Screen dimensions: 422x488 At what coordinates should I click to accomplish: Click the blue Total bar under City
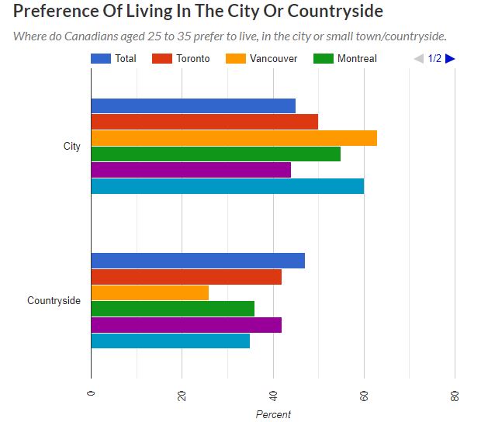click(x=193, y=106)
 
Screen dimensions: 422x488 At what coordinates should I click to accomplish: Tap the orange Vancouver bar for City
click(x=234, y=138)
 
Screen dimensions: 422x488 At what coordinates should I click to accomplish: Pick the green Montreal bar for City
click(x=216, y=154)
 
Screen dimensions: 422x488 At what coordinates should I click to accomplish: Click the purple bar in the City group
click(x=191, y=170)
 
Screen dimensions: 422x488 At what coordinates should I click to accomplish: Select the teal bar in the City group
click(x=227, y=185)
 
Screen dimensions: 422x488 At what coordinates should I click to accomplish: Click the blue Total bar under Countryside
click(x=198, y=261)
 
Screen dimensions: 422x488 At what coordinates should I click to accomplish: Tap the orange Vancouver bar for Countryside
click(x=150, y=292)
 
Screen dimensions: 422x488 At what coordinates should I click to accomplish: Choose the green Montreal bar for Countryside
click(x=172, y=309)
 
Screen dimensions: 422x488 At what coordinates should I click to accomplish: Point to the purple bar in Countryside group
click(x=186, y=324)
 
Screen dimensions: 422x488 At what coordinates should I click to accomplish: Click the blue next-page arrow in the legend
click(x=450, y=58)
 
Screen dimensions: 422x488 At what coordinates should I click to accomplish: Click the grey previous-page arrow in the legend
click(x=419, y=58)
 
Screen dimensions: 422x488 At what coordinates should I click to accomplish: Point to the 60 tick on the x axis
click(x=364, y=396)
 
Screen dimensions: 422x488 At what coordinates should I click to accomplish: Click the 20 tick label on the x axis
click(x=182, y=396)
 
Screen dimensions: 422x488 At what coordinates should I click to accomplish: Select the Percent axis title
click(x=273, y=414)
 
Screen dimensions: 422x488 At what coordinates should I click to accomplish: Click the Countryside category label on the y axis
click(x=54, y=300)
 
